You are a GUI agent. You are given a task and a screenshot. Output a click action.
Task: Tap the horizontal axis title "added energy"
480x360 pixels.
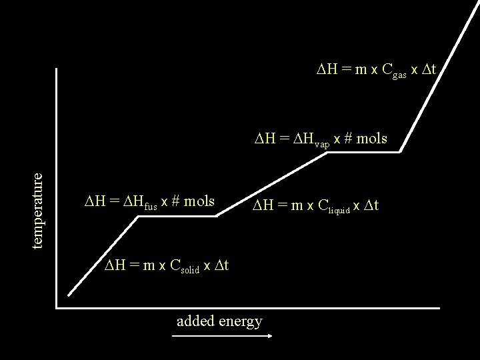(219, 321)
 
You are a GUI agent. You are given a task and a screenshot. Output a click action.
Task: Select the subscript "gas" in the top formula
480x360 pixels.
(399, 75)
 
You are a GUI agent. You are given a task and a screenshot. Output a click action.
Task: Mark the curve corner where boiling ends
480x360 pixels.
(400, 152)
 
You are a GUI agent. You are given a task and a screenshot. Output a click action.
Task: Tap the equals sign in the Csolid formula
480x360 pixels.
(135, 265)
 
